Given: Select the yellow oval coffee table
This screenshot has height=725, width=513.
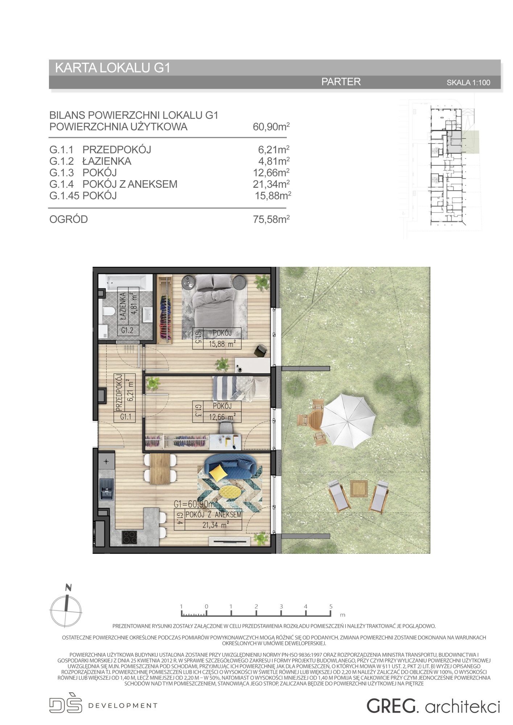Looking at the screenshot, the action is (x=232, y=492).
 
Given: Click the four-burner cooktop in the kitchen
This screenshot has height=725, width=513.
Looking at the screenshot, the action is (x=129, y=536).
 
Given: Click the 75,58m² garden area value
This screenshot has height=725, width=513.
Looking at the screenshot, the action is (x=271, y=219).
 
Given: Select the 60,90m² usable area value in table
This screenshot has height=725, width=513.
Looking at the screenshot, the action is (x=271, y=127).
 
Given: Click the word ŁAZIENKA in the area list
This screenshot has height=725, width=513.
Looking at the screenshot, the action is (x=107, y=161).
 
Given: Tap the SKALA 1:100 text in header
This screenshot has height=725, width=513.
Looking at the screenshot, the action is (x=468, y=83).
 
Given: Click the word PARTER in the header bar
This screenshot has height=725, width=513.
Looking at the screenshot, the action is (x=341, y=82).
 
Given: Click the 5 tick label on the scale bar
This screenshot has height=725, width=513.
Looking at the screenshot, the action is (x=331, y=606).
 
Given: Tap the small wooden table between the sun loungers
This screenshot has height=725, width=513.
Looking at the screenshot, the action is (x=359, y=488).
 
